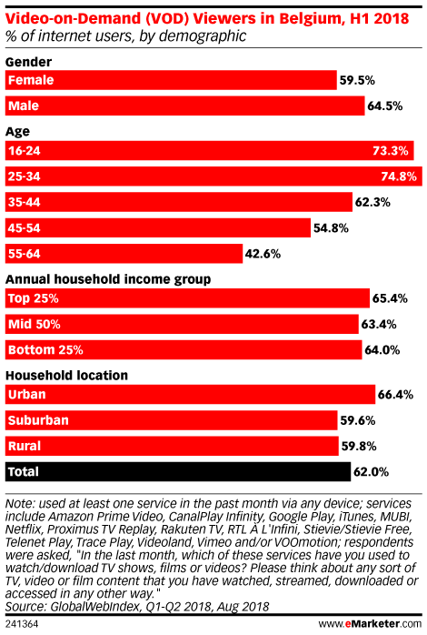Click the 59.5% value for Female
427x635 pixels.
357,80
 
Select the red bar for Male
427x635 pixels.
184,106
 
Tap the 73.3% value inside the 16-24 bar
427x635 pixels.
390,151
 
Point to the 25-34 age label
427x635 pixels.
25,176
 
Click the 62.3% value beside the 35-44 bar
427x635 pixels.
372,202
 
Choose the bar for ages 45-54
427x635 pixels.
158,228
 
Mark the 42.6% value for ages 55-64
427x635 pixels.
263,254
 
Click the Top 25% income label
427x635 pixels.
33,298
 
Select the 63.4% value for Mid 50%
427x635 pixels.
379,325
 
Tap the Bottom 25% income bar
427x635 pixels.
184,350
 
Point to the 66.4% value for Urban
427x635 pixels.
395,395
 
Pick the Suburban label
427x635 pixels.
38,420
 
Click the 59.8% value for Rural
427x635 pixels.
359,447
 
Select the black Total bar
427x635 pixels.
178,472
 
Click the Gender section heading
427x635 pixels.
28,62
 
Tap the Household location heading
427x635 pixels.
66,376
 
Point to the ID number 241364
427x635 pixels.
22,624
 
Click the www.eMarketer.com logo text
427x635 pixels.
370,624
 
